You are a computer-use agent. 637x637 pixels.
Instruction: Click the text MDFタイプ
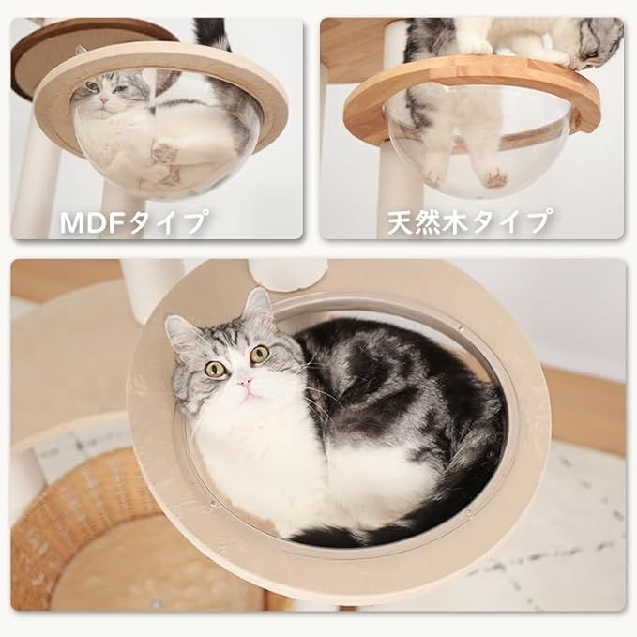coord(133,223)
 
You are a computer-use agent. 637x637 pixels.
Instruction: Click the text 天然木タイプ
coord(469,223)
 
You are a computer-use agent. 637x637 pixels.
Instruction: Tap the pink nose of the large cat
coord(246,382)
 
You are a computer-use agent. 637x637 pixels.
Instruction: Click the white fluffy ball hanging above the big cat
coord(288,274)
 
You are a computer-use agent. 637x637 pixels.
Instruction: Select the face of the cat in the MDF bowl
coord(105,94)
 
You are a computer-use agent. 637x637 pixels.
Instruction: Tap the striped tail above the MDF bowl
coord(214,34)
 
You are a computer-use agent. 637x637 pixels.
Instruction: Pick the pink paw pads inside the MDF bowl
coord(167,150)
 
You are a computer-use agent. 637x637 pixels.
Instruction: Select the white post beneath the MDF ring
coord(35,183)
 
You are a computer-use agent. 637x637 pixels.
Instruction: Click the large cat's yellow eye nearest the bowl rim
coord(216,369)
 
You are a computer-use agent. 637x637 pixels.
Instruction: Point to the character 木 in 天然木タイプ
coord(469,223)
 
